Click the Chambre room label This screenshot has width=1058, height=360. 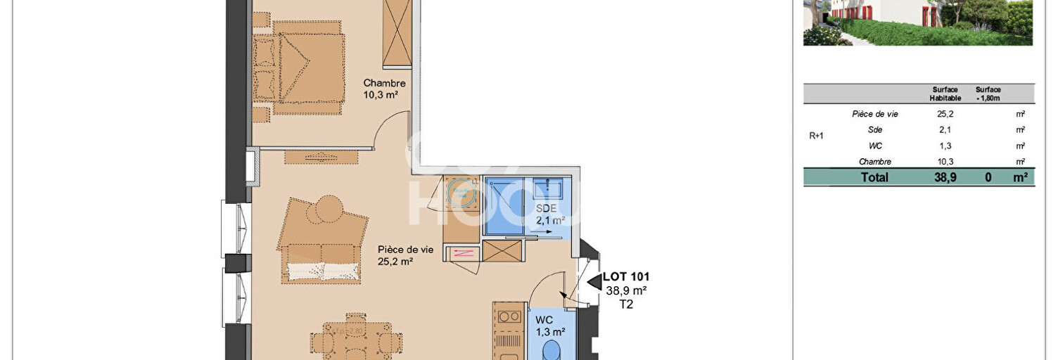[x=385, y=83]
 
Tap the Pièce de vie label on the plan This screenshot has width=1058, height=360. [x=405, y=250]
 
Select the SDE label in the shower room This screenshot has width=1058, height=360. [x=546, y=209]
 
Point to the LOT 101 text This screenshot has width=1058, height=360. [x=625, y=277]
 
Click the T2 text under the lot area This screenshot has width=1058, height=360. [x=625, y=304]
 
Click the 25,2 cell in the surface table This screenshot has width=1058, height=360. [x=945, y=114]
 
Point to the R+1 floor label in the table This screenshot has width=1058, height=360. [x=817, y=136]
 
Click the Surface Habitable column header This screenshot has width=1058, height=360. [x=945, y=94]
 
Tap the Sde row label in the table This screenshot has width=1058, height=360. [x=875, y=130]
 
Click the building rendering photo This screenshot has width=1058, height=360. [x=917, y=22]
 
